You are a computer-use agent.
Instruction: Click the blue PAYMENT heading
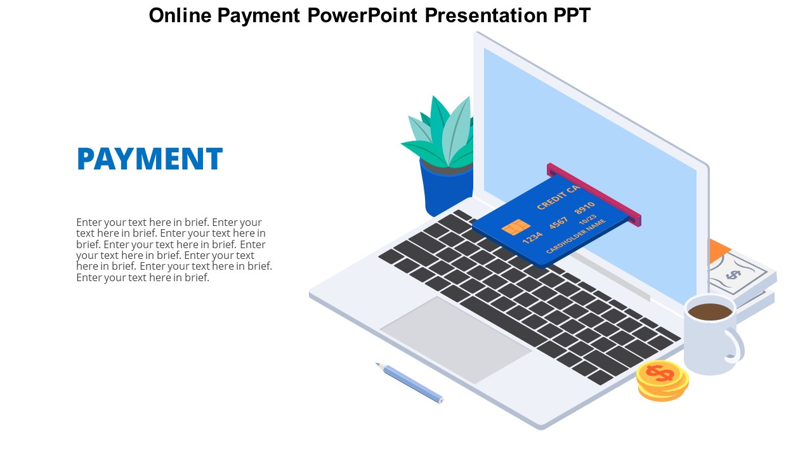tap(149, 159)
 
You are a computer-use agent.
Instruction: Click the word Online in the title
tap(180, 15)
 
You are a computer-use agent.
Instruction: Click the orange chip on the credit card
tap(516, 227)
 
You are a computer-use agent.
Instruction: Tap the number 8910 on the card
tap(584, 208)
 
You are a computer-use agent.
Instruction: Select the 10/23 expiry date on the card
tap(587, 220)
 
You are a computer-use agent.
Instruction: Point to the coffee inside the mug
tap(710, 312)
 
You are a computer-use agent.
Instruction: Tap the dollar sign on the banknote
tap(733, 274)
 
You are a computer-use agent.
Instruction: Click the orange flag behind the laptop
tap(719, 249)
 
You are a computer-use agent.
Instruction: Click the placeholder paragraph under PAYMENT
tap(173, 249)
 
